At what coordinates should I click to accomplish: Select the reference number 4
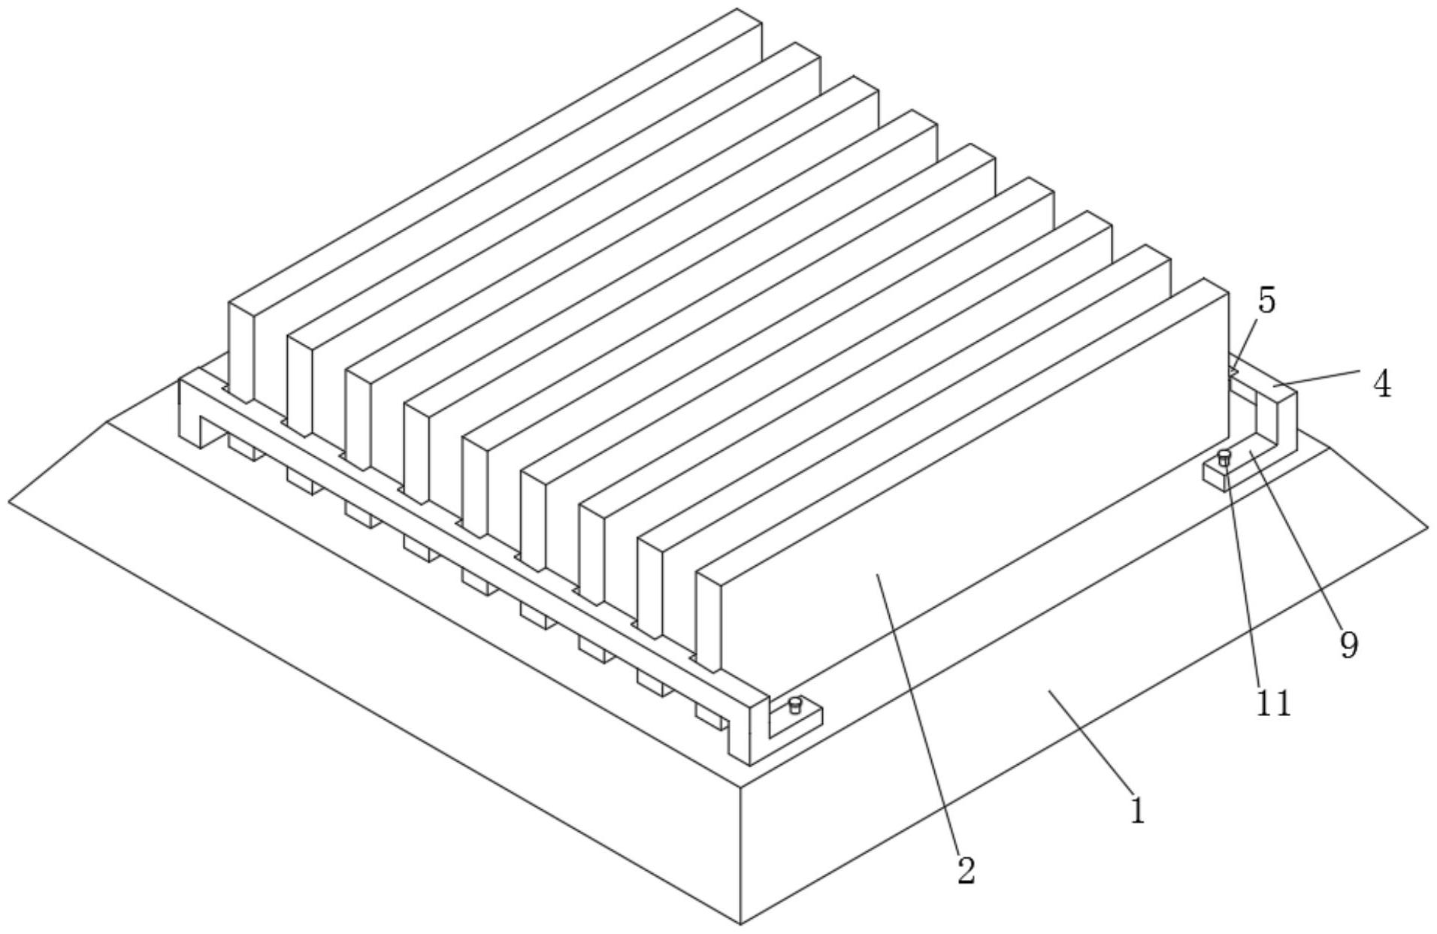(x=1381, y=385)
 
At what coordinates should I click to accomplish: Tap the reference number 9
(x=1350, y=645)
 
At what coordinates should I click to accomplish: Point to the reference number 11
(x=1273, y=704)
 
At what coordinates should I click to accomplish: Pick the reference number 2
(x=966, y=871)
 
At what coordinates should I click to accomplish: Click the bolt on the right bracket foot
(x=1224, y=458)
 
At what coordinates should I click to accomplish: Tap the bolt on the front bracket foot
(x=795, y=706)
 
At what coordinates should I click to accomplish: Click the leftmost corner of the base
(x=9, y=501)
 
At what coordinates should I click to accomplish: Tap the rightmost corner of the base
(x=1427, y=527)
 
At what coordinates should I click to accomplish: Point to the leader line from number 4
(x=1316, y=378)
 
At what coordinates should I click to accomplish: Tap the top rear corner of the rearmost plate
(x=737, y=9)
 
